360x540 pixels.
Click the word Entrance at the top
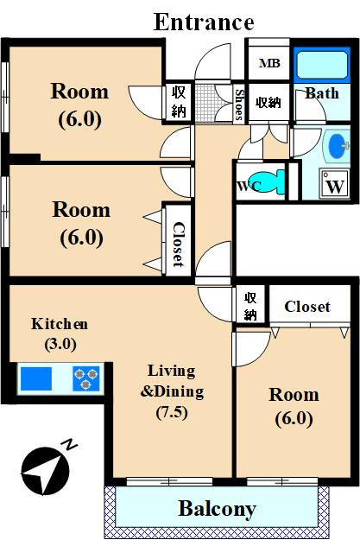tap(204, 22)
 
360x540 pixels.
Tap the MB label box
tap(269, 63)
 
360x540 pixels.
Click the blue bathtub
tap(322, 65)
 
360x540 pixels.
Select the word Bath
tap(322, 93)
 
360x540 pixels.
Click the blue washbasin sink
tap(338, 146)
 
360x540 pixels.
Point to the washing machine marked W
tap(334, 184)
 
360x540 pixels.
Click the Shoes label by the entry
tap(239, 105)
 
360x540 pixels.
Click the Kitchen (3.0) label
tap(60, 334)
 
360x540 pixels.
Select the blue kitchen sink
tap(36, 378)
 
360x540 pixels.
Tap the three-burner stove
tap(86, 378)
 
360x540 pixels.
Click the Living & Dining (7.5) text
tap(172, 391)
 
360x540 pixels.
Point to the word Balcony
tap(218, 509)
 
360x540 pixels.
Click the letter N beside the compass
tap(70, 444)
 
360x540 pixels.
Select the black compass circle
tap(45, 470)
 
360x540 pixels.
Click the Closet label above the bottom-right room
tap(307, 306)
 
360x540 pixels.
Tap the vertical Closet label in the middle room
tap(179, 245)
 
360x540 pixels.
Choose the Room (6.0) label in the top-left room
tap(79, 105)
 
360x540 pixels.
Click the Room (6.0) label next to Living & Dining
tap(294, 406)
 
